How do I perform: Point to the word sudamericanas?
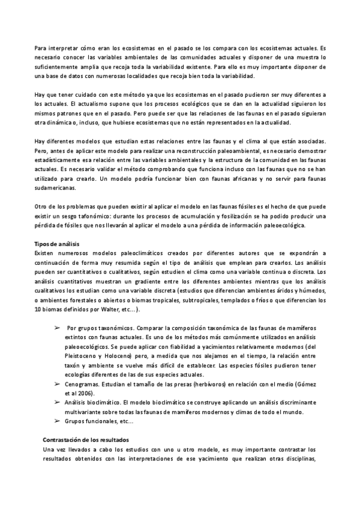click(55, 187)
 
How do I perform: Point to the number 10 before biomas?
click(38, 309)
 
